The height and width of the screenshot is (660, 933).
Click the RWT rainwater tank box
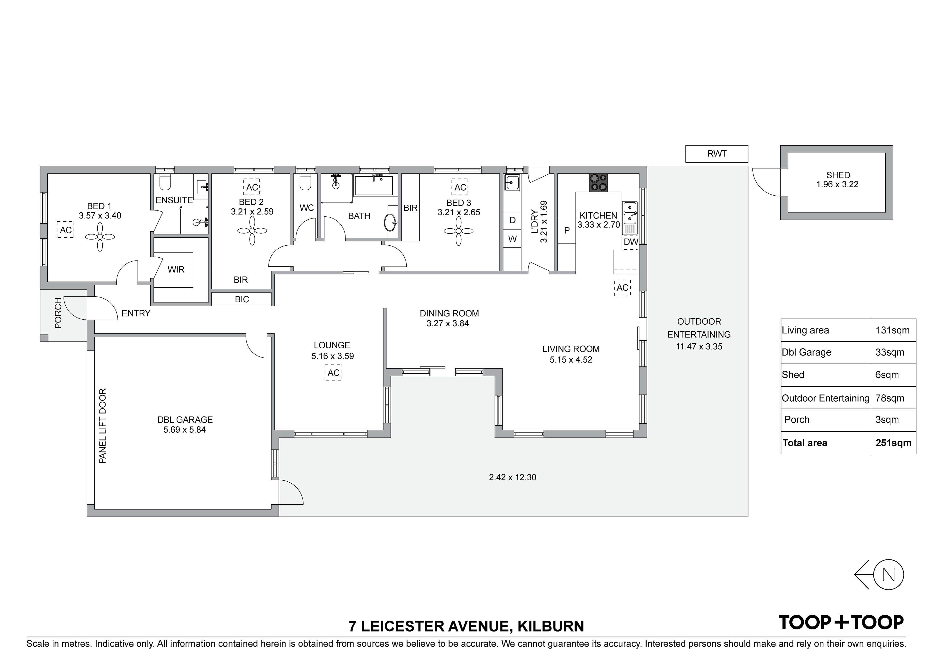717,154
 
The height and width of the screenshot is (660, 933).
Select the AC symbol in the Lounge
333,373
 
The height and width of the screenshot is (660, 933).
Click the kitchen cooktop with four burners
599,183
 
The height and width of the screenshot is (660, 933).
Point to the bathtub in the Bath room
374,185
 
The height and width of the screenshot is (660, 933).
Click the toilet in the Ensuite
165,182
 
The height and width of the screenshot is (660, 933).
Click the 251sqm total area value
893,443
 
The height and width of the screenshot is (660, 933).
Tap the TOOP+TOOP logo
841,622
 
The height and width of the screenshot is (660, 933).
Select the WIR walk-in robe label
176,270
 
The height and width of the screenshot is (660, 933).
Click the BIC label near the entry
242,300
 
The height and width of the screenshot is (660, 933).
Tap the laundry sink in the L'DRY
513,183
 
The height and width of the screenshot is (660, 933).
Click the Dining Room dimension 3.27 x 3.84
448,324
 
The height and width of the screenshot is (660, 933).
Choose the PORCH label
58,313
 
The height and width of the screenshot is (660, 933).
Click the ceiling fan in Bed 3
459,231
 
